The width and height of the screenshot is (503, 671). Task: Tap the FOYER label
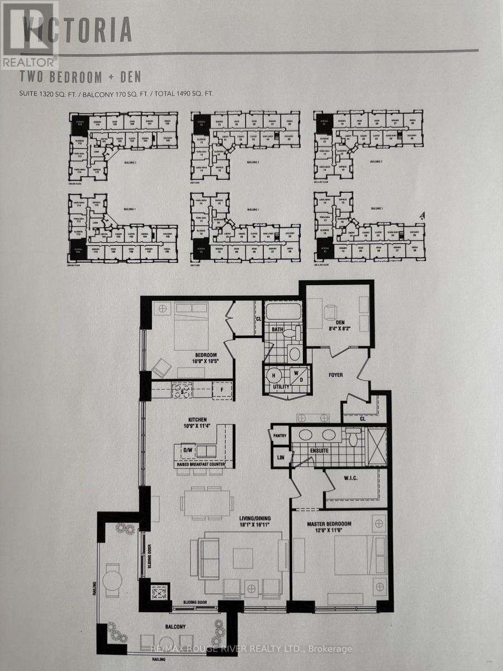pos(335,375)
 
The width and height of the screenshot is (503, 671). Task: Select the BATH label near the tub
pos(278,329)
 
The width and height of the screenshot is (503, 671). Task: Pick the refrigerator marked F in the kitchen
pos(222,389)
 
